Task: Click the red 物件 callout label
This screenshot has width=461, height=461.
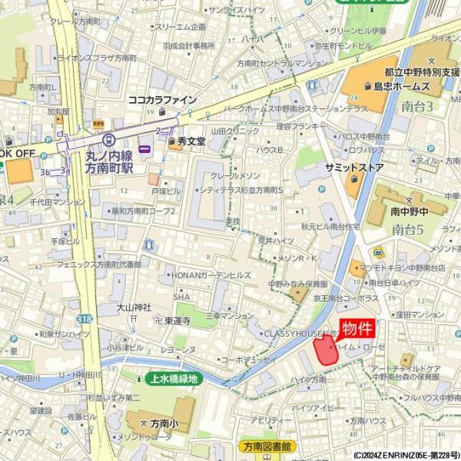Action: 357,329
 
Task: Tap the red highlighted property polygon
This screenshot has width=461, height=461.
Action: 326,350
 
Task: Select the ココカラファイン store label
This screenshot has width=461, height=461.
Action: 162,100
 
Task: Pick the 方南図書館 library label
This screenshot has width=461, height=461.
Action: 265,446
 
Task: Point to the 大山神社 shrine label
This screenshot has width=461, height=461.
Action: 134,307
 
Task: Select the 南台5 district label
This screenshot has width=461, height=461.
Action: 408,229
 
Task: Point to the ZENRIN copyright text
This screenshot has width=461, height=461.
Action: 406,456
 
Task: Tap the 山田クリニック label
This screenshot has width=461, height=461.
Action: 236,131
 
